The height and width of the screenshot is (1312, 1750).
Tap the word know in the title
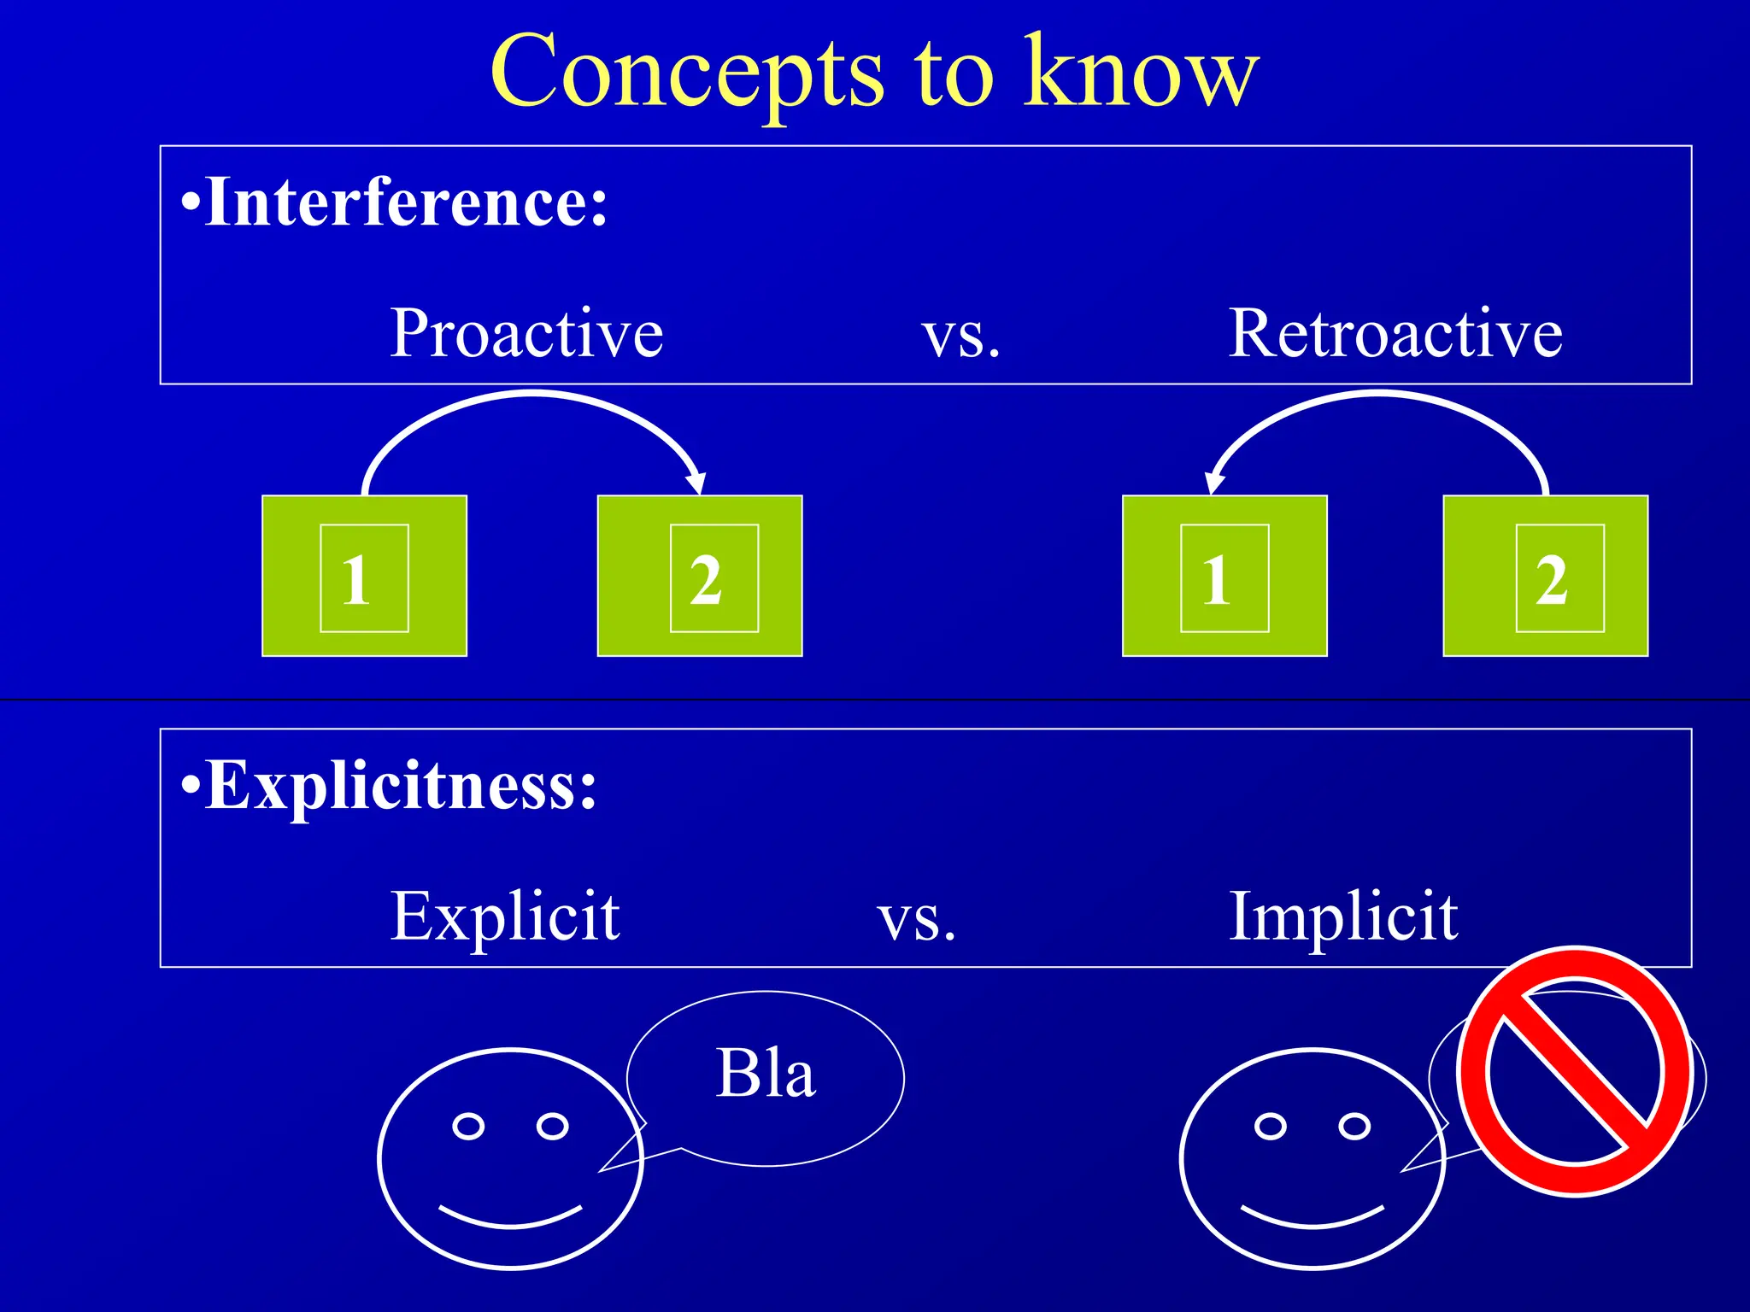click(1142, 72)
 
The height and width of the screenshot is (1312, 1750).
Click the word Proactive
click(526, 333)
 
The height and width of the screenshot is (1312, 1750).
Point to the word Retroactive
click(1395, 333)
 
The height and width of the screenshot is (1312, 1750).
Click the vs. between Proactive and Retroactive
click(960, 336)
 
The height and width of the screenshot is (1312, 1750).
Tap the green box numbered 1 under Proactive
click(364, 576)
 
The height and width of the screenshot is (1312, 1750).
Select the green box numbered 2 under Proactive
click(699, 576)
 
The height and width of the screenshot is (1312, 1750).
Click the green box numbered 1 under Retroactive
click(1224, 576)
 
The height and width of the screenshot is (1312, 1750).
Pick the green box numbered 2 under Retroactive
click(1545, 576)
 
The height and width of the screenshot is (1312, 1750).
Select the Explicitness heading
click(390, 785)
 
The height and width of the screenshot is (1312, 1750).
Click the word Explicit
click(505, 917)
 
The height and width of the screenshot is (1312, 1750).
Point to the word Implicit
click(1343, 917)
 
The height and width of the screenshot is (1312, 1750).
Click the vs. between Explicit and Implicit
click(916, 920)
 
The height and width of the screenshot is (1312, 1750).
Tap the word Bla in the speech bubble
click(766, 1073)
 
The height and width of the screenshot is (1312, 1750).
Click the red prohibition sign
click(1575, 1073)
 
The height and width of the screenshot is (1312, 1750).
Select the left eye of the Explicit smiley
click(468, 1126)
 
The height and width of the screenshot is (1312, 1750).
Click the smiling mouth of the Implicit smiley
click(1312, 1220)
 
